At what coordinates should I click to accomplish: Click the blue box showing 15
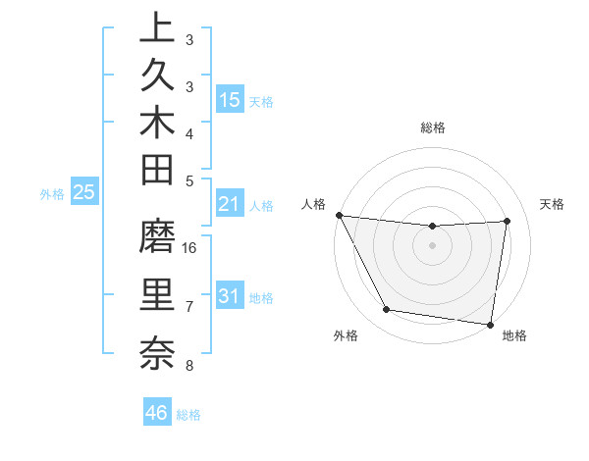(230, 99)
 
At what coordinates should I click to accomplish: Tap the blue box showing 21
(230, 203)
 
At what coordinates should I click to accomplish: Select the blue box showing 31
(230, 296)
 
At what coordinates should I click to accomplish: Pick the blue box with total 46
(157, 412)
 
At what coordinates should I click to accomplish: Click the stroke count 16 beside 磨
(190, 247)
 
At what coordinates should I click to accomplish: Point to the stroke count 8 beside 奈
(189, 366)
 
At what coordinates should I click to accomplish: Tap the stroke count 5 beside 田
(189, 180)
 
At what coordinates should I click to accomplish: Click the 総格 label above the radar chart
(433, 128)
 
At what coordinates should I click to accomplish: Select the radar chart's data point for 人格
(339, 215)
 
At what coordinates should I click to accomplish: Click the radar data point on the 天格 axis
(508, 221)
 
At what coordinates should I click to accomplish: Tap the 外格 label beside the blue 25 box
(52, 194)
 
